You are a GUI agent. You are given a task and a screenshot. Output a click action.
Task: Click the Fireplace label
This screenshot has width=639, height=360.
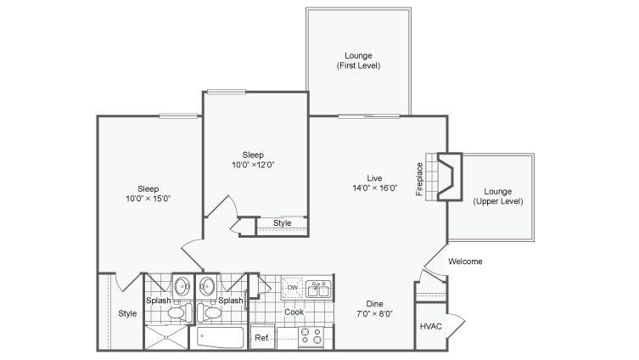tap(419, 179)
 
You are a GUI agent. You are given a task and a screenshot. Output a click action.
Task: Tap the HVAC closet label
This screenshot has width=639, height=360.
tap(431, 326)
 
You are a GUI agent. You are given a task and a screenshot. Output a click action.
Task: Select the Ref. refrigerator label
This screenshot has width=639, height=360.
tap(262, 338)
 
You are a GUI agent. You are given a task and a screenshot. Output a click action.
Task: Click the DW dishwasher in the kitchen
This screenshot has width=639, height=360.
tap(293, 288)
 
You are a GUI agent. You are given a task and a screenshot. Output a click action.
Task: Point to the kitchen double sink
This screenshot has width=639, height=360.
tap(318, 289)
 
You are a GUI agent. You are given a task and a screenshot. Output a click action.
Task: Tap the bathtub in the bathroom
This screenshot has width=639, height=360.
tap(220, 337)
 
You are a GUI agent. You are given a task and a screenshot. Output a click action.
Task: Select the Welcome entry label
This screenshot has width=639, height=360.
tap(465, 262)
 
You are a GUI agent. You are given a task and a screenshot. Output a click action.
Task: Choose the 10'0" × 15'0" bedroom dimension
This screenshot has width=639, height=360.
tap(148, 199)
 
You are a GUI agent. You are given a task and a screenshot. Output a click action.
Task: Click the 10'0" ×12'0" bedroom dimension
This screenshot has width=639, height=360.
tap(253, 165)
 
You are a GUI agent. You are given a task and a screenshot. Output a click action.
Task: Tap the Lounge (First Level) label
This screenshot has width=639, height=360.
tap(359, 60)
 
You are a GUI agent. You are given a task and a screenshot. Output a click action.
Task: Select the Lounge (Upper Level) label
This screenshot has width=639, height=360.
tap(498, 196)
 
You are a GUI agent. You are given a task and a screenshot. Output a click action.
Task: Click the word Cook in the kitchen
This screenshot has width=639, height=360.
tap(294, 312)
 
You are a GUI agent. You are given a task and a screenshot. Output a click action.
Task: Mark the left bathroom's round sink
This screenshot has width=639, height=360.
tap(182, 286)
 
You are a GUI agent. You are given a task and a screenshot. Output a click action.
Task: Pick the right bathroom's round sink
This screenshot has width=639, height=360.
tap(207, 286)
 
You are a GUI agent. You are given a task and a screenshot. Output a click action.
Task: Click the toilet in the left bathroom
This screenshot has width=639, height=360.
tap(180, 312)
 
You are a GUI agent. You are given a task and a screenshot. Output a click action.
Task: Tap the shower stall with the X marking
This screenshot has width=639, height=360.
tap(166, 337)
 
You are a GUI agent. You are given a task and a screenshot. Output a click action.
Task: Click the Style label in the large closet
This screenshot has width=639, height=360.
tap(127, 313)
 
